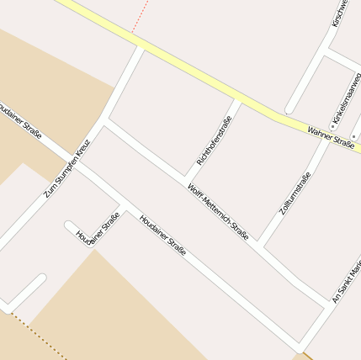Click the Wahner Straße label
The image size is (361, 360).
[330, 136]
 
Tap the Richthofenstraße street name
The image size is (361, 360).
[213, 140]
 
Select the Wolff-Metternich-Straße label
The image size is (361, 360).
[218, 212]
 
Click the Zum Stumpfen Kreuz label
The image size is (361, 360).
[66, 168]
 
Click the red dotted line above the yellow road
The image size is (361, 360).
[141, 16]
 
